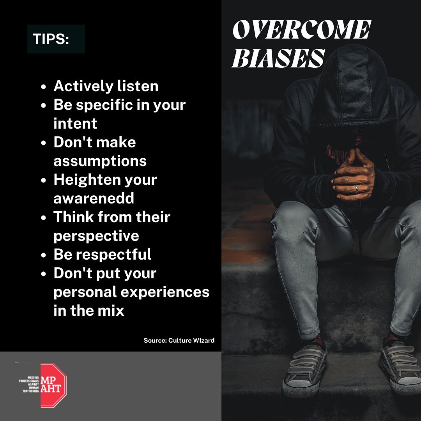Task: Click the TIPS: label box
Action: (x=56, y=39)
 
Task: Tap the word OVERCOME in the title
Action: (x=301, y=30)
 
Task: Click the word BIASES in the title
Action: (x=278, y=58)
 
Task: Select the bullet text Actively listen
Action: (x=106, y=86)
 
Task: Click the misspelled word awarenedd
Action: (x=94, y=198)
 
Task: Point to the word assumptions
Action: (x=100, y=161)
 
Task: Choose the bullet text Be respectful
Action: (x=103, y=255)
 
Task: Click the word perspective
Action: (x=96, y=236)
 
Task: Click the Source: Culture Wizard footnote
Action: (x=179, y=340)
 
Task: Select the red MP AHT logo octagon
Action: (x=53, y=386)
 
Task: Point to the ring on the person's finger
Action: (x=356, y=189)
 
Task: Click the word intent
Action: (x=75, y=124)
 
